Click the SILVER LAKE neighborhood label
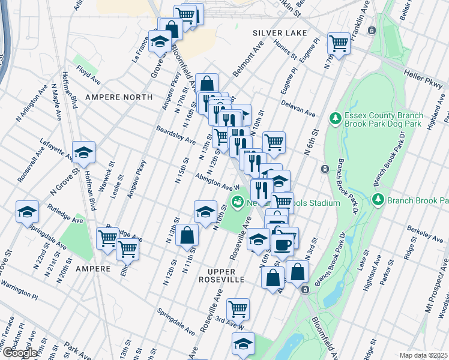[x=280, y=32]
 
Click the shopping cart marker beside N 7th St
[x=339, y=44]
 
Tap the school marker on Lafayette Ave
[x=84, y=153]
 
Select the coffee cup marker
[x=282, y=244]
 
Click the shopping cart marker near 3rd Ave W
[x=238, y=309]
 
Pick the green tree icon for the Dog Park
[x=336, y=119]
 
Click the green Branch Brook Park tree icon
[x=378, y=200]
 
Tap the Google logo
[x=19, y=353]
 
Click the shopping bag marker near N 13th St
[x=187, y=235]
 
